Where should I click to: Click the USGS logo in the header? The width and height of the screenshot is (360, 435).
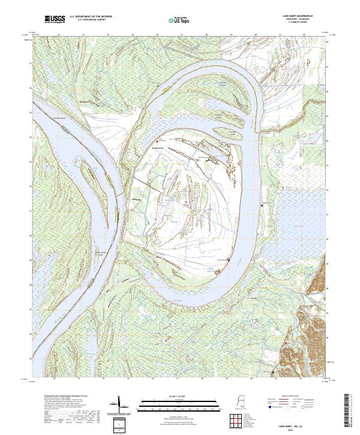click(x=54, y=19)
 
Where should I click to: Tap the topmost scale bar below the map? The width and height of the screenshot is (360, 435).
click(x=170, y=400)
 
